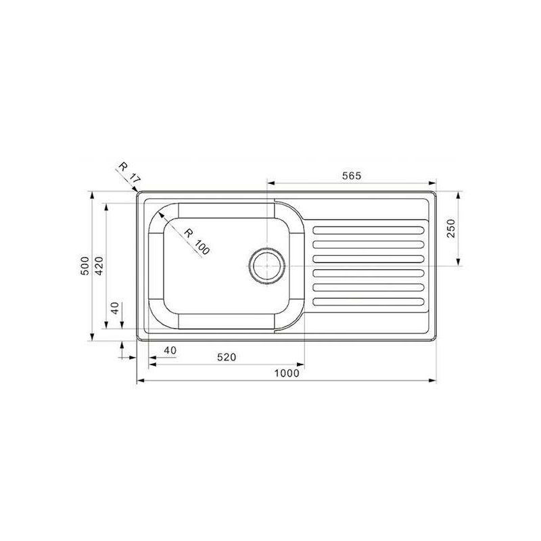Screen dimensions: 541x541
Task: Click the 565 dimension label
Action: pos(352,175)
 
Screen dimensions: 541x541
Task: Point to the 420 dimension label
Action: pos(99,266)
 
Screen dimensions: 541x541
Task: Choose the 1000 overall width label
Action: pos(287,373)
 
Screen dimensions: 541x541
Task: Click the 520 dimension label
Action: pos(227,358)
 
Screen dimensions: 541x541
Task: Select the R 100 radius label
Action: pos(197,239)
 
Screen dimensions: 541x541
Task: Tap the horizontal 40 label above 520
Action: pos(169,350)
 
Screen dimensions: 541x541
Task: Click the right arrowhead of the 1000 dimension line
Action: pos(433,381)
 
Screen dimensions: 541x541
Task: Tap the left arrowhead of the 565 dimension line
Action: pos(271,183)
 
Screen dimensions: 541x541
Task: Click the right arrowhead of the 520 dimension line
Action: pos(302,366)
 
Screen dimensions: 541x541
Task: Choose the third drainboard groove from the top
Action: pos(369,258)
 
